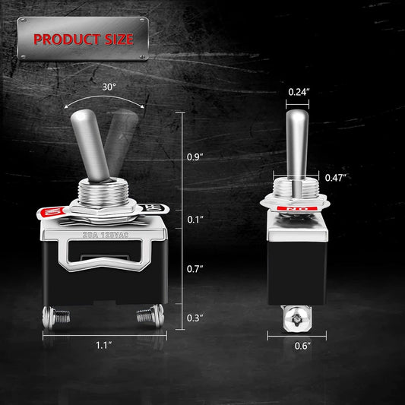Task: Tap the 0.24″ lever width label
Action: coord(298,92)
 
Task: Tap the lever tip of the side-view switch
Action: coord(296,118)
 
